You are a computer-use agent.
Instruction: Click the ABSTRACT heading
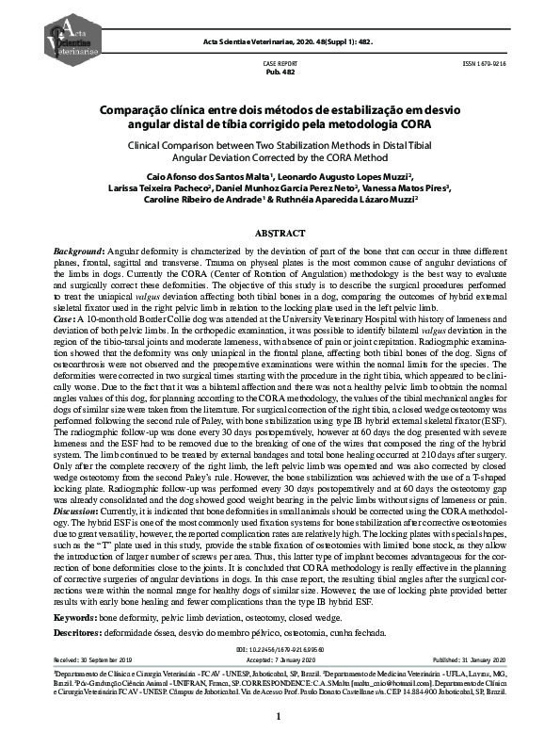coord(280,232)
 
